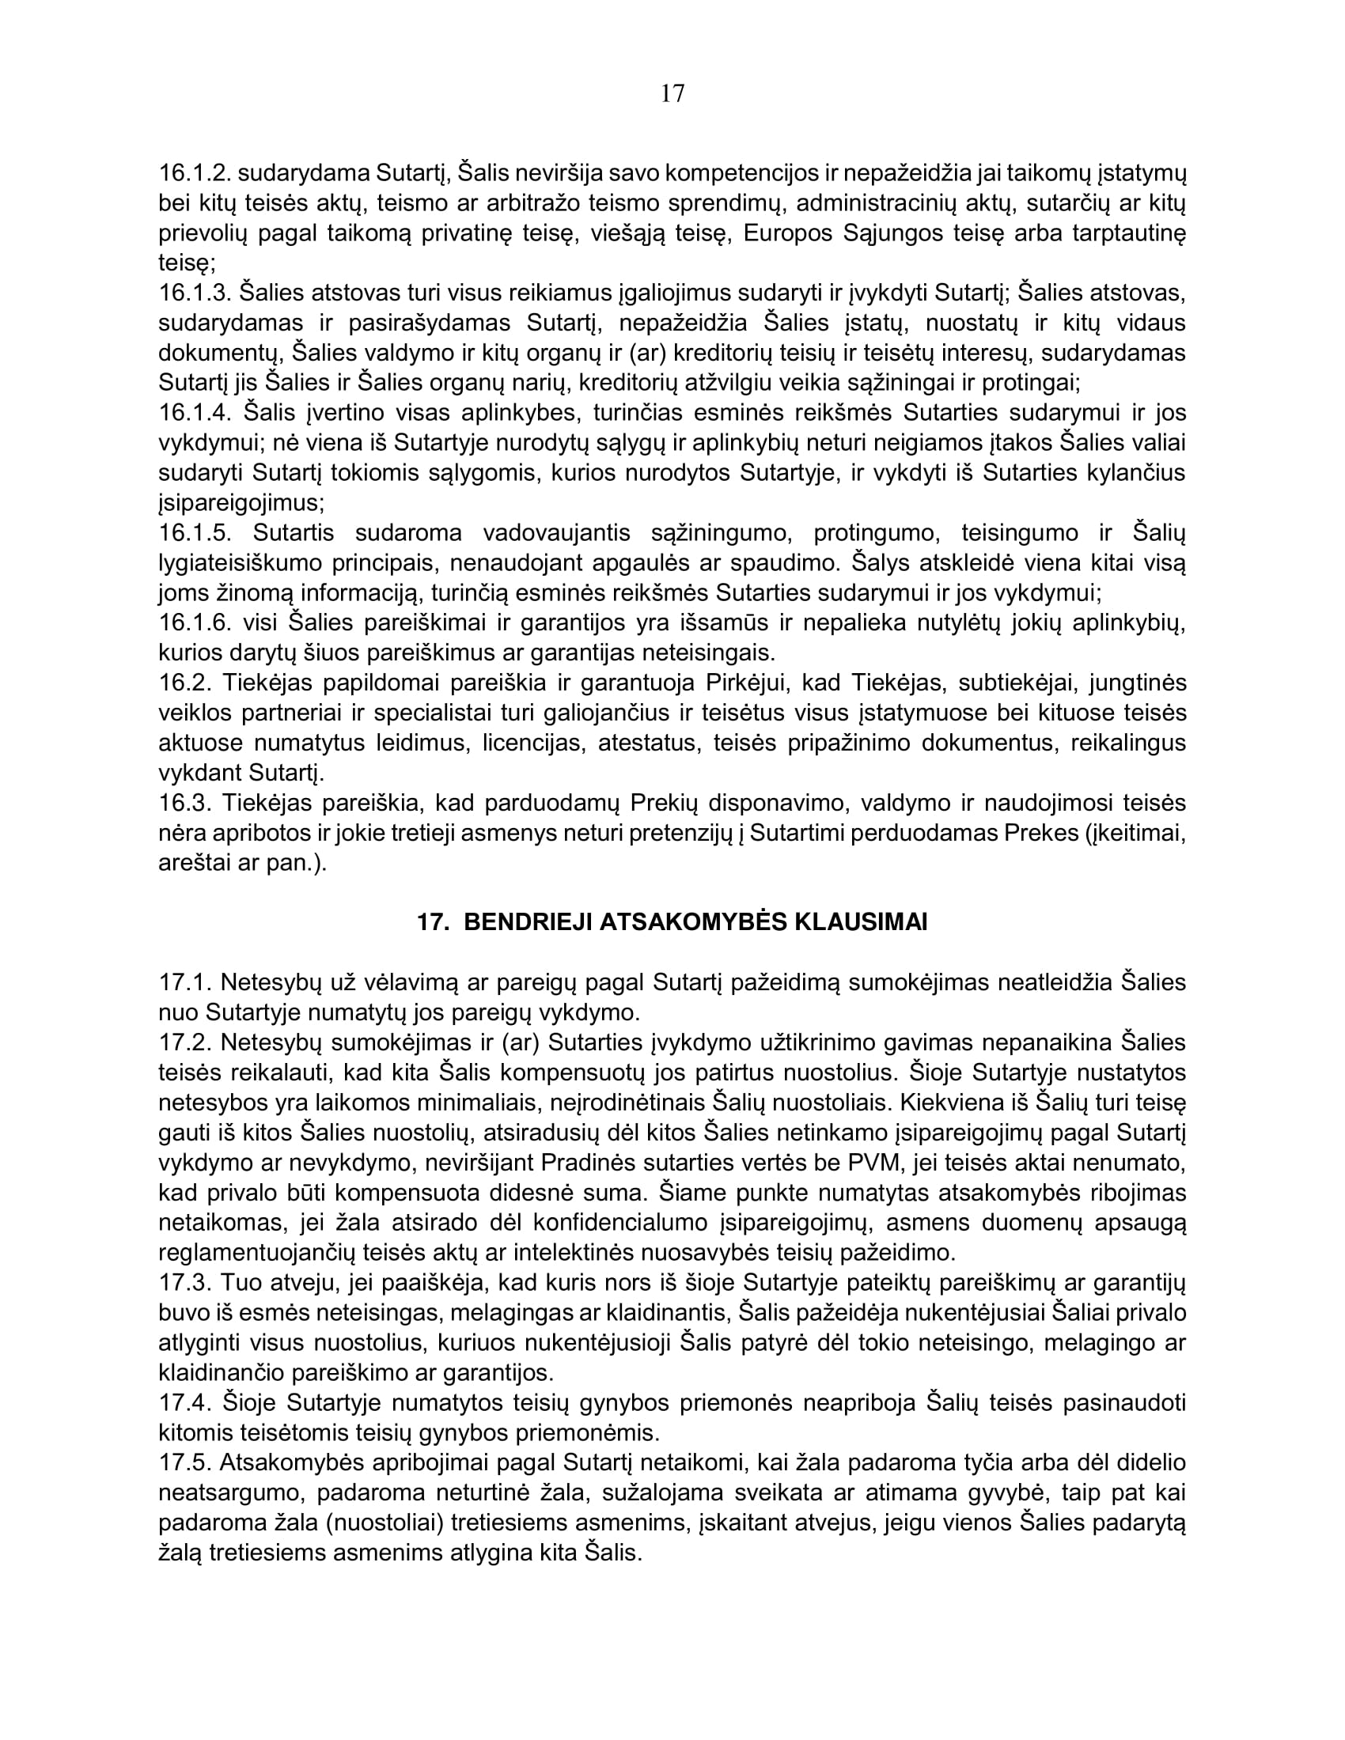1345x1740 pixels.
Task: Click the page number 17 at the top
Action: pyautogui.click(x=672, y=94)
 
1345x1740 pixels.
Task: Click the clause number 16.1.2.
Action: pyautogui.click(x=195, y=173)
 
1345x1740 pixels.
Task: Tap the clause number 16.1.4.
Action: pyautogui.click(x=195, y=413)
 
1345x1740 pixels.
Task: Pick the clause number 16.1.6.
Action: pyautogui.click(x=195, y=622)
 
